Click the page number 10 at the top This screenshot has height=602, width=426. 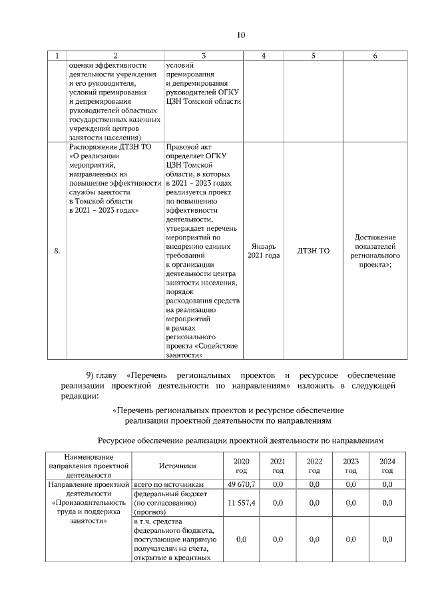pyautogui.click(x=240, y=35)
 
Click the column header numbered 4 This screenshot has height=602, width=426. pyautogui.click(x=264, y=56)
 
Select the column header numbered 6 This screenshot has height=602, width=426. pyautogui.click(x=375, y=56)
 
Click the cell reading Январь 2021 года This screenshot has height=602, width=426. pyautogui.click(x=264, y=251)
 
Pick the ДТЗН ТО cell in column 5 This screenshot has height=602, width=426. pyautogui.click(x=314, y=251)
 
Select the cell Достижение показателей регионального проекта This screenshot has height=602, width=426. pyautogui.click(x=375, y=251)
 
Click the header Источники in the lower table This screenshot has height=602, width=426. pyautogui.click(x=178, y=466)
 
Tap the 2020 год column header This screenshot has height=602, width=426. pyautogui.click(x=241, y=466)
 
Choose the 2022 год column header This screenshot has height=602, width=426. pyautogui.click(x=314, y=466)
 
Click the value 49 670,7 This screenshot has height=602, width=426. pyautogui.click(x=241, y=484)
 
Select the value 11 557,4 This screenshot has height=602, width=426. pyautogui.click(x=241, y=503)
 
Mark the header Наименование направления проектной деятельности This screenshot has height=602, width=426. pyautogui.click(x=89, y=466)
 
